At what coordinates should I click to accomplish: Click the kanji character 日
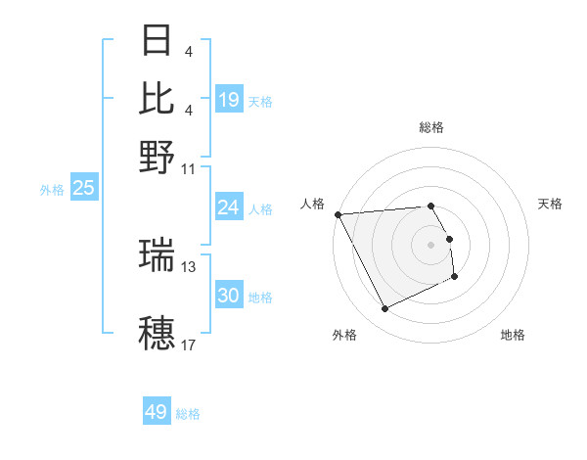[158, 41]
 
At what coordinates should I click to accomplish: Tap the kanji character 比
[158, 98]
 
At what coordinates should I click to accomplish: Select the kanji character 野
[158, 156]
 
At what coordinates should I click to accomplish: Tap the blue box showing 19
[229, 99]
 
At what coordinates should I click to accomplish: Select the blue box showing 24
[229, 207]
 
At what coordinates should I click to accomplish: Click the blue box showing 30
[229, 296]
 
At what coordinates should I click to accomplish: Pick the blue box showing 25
[83, 188]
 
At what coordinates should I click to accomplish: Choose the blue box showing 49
[157, 412]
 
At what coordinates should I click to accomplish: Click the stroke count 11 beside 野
[189, 167]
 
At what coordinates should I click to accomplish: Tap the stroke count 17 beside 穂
[189, 345]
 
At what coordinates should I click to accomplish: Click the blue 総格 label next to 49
[188, 414]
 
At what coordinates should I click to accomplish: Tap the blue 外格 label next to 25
[51, 190]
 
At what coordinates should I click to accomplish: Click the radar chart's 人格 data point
[338, 214]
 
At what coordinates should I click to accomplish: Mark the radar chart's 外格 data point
[384, 309]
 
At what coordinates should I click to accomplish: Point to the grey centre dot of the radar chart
[431, 244]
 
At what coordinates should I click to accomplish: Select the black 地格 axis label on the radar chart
[513, 335]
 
